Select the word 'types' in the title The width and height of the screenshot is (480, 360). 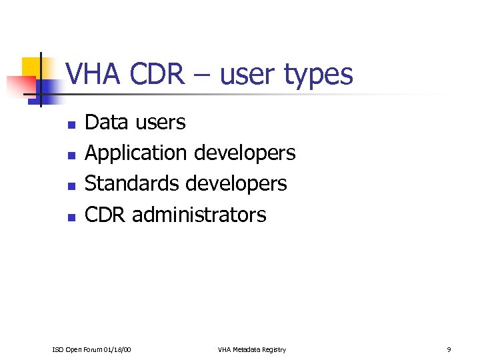[318, 75]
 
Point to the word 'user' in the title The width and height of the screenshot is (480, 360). [249, 75]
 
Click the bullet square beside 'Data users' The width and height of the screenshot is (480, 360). [71, 124]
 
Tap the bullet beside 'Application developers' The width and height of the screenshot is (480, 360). [71, 155]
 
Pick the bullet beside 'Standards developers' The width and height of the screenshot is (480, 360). [71, 185]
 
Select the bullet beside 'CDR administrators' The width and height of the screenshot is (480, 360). [71, 216]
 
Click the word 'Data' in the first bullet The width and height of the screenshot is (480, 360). [107, 122]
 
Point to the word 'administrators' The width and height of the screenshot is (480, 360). [199, 215]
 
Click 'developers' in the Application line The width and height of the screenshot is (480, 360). [245, 153]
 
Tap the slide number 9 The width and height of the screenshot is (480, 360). [449, 349]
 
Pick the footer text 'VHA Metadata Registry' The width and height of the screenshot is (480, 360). [252, 349]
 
